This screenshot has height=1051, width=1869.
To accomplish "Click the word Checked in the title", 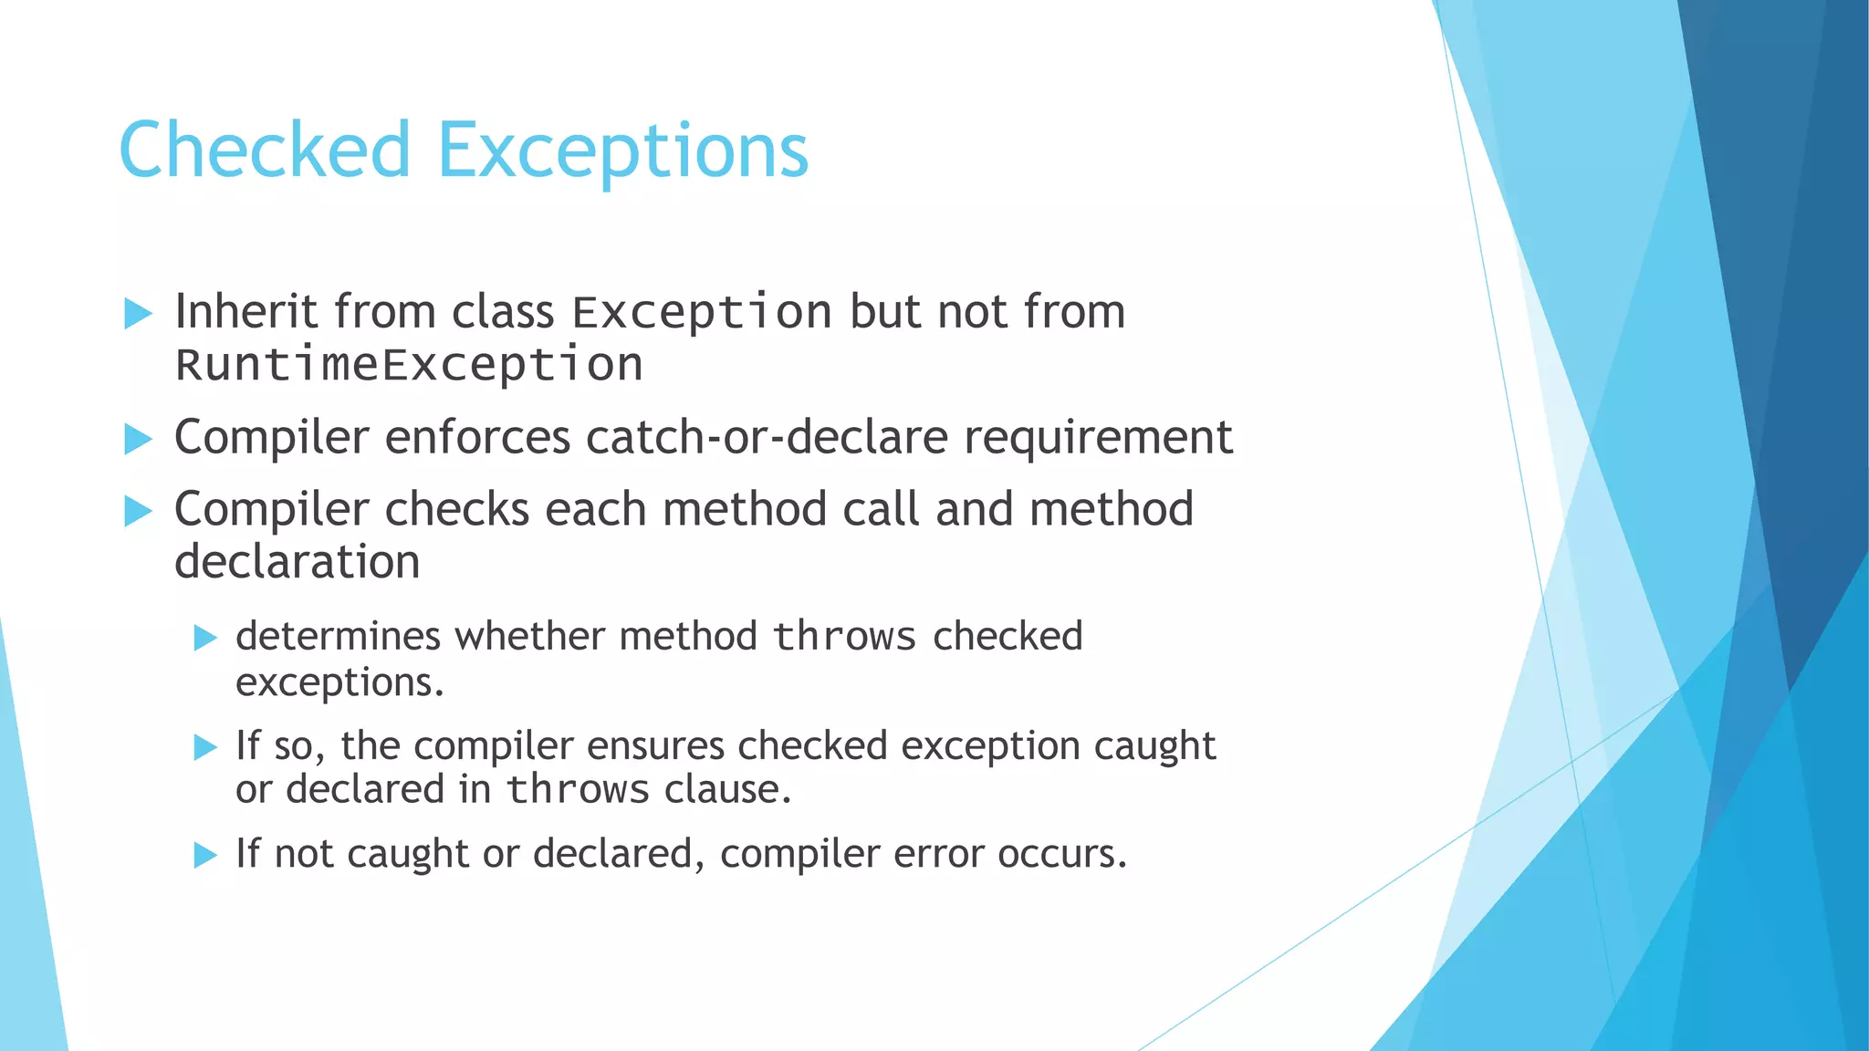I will tap(265, 150).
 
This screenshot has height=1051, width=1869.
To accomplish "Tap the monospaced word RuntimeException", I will tap(409, 365).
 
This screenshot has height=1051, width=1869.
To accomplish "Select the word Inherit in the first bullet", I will tap(246, 312).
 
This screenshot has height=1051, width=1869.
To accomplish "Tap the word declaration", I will tap(297, 561).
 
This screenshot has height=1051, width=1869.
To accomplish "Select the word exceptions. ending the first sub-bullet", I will tap(339, 682).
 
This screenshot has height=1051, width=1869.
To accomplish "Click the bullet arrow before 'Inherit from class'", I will tap(138, 314).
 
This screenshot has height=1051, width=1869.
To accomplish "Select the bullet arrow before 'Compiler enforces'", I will tap(138, 439).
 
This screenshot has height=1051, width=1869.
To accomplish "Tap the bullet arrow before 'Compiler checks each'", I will tap(138, 511).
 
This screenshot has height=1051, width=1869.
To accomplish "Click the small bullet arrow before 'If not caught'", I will tap(205, 856).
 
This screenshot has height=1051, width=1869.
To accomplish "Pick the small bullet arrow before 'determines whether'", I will tap(205, 638).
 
